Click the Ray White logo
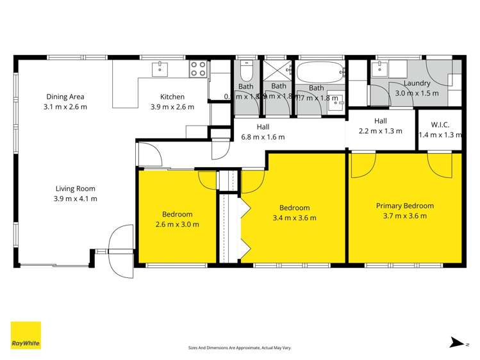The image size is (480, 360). (x=26, y=335)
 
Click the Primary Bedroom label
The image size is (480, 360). (x=404, y=206)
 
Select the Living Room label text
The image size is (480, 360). (x=75, y=188)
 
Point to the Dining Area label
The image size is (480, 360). (x=65, y=97)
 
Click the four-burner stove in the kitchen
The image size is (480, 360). (x=198, y=69)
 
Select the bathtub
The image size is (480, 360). (x=320, y=71)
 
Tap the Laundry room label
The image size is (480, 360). (x=417, y=84)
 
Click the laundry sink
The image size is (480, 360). (x=379, y=67)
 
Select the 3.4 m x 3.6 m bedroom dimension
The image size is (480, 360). (x=294, y=218)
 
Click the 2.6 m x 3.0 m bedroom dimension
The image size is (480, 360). (x=177, y=224)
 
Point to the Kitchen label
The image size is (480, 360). (x=172, y=97)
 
